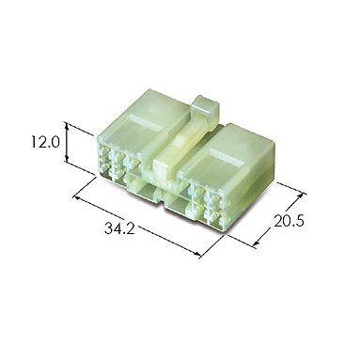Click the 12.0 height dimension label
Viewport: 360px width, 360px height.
45,143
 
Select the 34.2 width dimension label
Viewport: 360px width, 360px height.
119,229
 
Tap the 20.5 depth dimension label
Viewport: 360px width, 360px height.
289,221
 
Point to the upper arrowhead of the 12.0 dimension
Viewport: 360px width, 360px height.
67,125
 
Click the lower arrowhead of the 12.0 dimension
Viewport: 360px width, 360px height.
67,158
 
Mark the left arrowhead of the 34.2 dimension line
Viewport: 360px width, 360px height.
75,197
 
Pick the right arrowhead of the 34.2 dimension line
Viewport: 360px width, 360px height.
197,255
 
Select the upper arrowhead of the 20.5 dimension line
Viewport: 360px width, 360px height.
302,196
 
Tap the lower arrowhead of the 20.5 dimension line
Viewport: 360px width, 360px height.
257,243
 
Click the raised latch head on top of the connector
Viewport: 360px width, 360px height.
205,108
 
